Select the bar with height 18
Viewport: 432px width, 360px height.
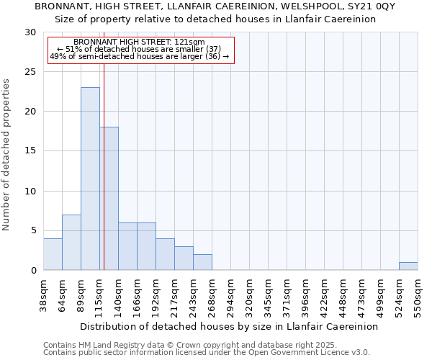pyautogui.click(x=109, y=199)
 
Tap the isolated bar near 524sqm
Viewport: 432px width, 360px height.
pyautogui.click(x=408, y=266)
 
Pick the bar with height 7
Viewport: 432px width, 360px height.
pyautogui.click(x=71, y=243)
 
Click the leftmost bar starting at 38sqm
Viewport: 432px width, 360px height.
pyautogui.click(x=53, y=254)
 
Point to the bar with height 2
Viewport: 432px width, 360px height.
pyautogui.click(x=202, y=262)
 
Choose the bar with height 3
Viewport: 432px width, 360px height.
pyautogui.click(x=184, y=258)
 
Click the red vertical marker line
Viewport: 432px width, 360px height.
pyautogui.click(x=104, y=144)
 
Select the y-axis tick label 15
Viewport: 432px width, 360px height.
pyautogui.click(x=30, y=151)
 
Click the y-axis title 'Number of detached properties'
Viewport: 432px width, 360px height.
pyautogui.click(x=7, y=155)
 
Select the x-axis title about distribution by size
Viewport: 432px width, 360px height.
pyautogui.click(x=229, y=326)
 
